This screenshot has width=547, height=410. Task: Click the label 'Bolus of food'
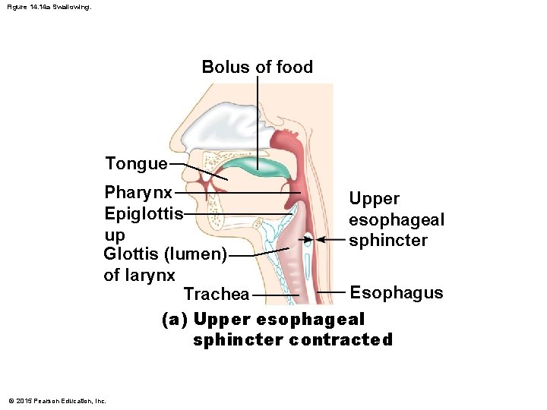(257, 67)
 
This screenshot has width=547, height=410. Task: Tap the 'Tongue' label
(136, 163)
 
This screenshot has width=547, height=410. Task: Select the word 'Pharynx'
(138, 192)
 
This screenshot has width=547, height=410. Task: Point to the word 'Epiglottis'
(144, 213)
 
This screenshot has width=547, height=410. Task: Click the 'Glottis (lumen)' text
(165, 254)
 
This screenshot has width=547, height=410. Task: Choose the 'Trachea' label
(217, 294)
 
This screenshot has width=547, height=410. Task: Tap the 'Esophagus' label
(396, 292)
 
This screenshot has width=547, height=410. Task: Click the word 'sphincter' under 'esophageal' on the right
(388, 241)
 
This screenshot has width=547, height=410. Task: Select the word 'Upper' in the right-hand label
(374, 199)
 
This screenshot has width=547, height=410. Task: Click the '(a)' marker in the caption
(175, 320)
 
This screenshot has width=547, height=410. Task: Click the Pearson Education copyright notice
(55, 401)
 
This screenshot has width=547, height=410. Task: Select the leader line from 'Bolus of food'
(257, 121)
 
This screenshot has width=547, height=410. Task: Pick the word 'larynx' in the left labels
(139, 274)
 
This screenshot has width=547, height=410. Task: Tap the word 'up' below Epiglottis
(115, 234)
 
